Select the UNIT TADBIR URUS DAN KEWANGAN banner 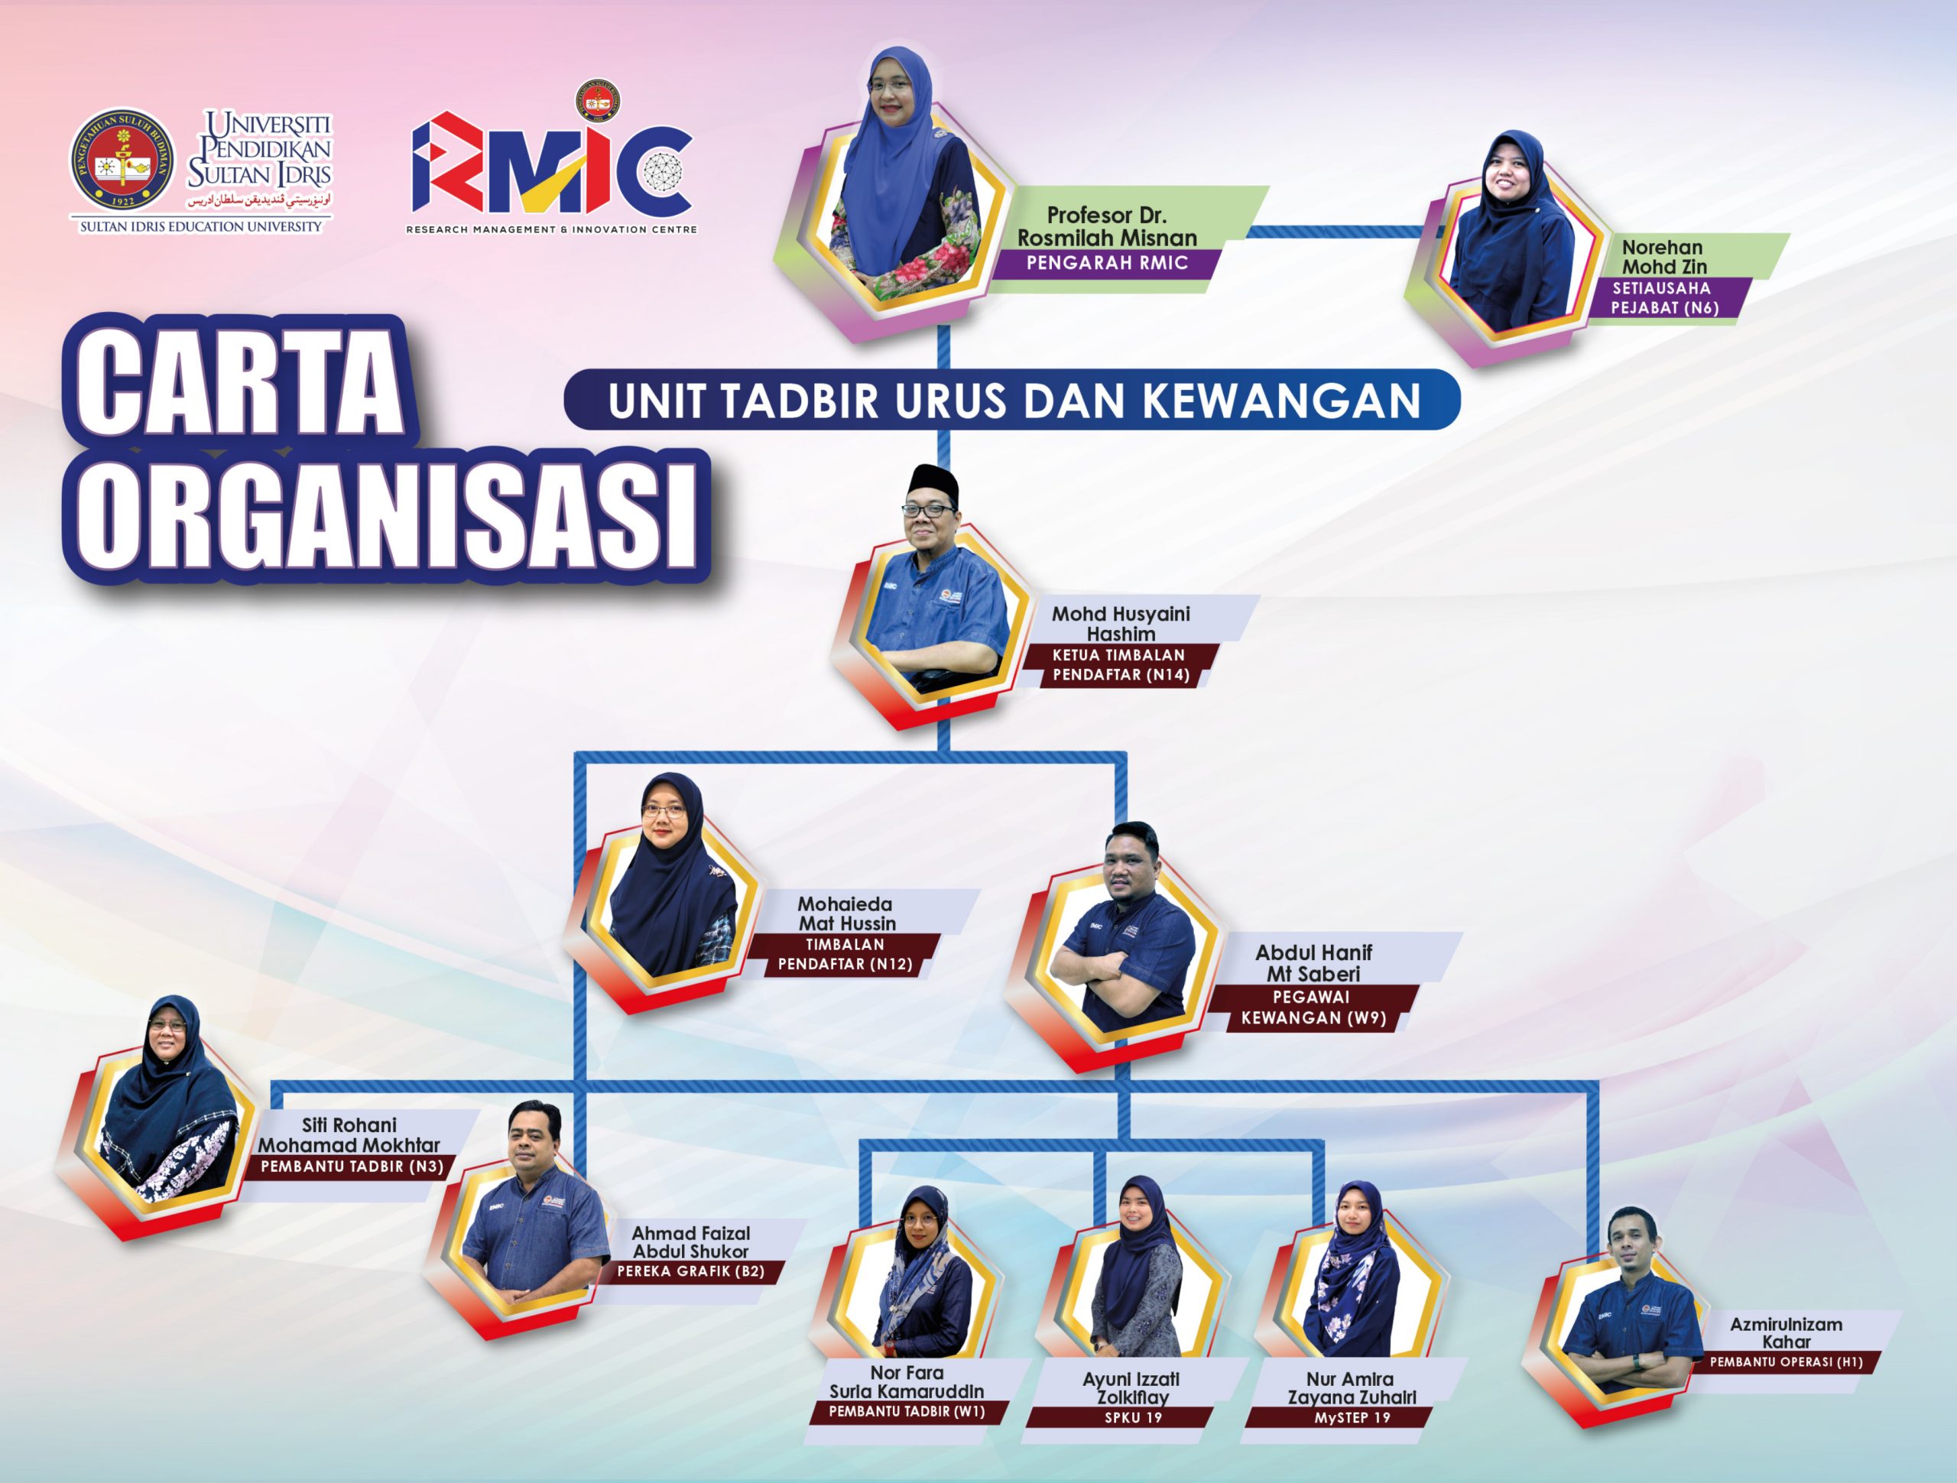pyautogui.click(x=1011, y=400)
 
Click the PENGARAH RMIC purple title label pyautogui.click(x=1106, y=263)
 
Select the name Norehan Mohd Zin pyautogui.click(x=1663, y=257)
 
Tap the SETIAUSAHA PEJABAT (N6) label pyautogui.click(x=1663, y=298)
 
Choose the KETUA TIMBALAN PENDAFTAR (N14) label pyautogui.click(x=1120, y=665)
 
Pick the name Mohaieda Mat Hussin pyautogui.click(x=845, y=913)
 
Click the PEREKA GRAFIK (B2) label pyautogui.click(x=691, y=1271)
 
